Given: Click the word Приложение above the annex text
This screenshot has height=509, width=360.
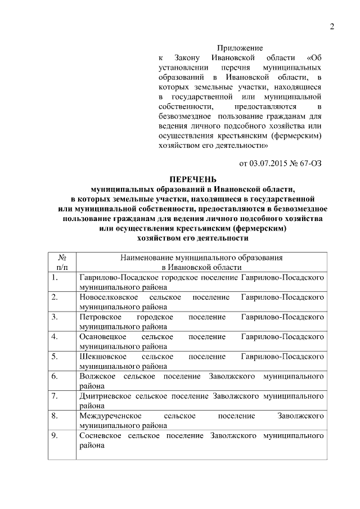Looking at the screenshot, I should tap(240, 48).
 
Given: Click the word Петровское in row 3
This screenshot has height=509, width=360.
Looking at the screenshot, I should tap(99, 317).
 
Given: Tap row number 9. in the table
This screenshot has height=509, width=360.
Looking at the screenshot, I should tap(53, 435).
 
